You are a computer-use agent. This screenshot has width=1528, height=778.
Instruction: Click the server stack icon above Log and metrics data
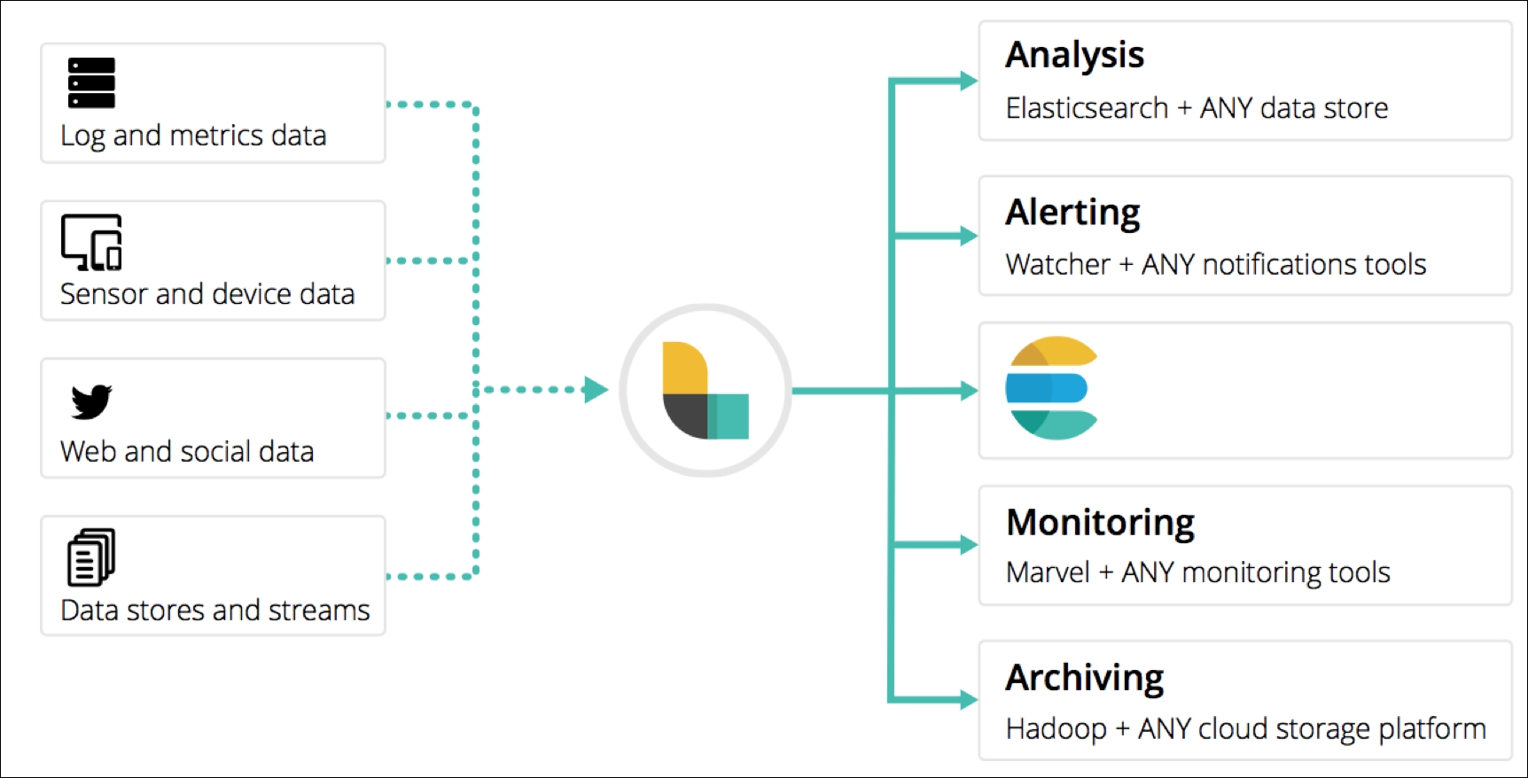(x=91, y=82)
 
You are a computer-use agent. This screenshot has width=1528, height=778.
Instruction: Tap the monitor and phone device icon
(x=91, y=242)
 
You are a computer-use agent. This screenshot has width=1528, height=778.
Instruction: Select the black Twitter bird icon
(x=91, y=401)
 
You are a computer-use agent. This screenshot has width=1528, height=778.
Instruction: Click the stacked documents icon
(x=91, y=557)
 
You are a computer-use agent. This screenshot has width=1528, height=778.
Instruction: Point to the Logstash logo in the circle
(x=706, y=390)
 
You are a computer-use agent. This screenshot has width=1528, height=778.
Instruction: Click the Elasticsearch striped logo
(x=1052, y=388)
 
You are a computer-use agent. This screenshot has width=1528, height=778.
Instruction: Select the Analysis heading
(x=1074, y=55)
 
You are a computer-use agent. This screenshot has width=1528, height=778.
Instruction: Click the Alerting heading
(x=1072, y=213)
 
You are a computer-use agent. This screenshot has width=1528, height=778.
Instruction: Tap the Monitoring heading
(x=1100, y=523)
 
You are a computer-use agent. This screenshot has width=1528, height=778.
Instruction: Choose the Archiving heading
(x=1084, y=678)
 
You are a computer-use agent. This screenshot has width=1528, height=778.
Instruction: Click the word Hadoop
(x=1056, y=729)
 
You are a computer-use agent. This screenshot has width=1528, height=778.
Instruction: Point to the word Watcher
(x=1057, y=264)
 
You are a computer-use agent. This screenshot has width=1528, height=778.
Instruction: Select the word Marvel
(x=1048, y=572)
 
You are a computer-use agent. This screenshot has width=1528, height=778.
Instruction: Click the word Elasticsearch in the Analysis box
(x=1087, y=108)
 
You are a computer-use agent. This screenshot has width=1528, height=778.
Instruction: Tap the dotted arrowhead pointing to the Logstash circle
(x=596, y=390)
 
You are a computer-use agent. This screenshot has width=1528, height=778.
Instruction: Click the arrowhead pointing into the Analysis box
(x=969, y=81)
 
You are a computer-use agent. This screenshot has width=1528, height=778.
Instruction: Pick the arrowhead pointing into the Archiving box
(x=969, y=700)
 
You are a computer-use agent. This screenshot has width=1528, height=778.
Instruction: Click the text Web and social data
(x=187, y=452)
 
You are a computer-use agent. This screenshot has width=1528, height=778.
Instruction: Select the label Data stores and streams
(x=215, y=611)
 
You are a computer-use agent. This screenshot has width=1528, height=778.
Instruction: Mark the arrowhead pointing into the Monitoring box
(x=969, y=545)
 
